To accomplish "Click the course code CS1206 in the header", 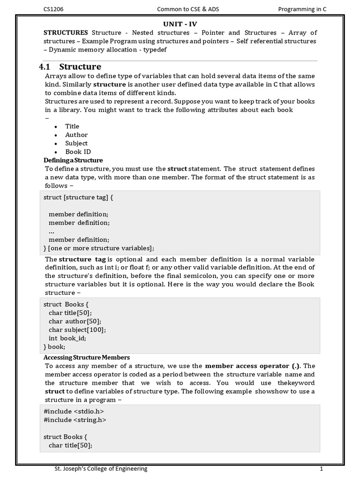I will click(53, 8).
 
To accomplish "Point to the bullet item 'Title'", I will click(72, 126).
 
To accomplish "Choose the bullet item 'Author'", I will click(76, 135).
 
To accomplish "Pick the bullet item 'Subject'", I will click(76, 143).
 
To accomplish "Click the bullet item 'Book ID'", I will click(78, 151).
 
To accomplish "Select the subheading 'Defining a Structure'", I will click(73, 160).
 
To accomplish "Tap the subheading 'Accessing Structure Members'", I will click(87, 358).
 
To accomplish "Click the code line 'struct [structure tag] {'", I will click(78, 197).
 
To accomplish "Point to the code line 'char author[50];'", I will click(75, 321).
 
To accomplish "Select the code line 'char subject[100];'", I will click(77, 330).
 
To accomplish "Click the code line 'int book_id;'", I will click(67, 338).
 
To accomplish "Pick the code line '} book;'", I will click(54, 346).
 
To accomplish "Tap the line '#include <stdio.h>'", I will click(74, 411).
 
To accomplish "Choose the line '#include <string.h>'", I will click(75, 420).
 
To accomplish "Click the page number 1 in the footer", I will click(322, 468).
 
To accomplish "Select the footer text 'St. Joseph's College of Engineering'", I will click(101, 468).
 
